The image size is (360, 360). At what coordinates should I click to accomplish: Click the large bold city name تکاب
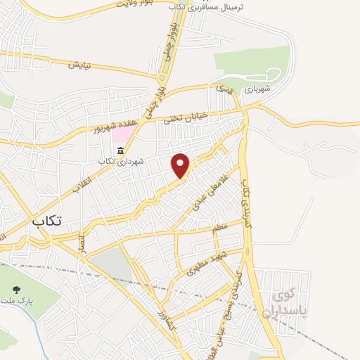pos(46,221)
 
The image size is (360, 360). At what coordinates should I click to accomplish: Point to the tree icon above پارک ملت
pos(17,290)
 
